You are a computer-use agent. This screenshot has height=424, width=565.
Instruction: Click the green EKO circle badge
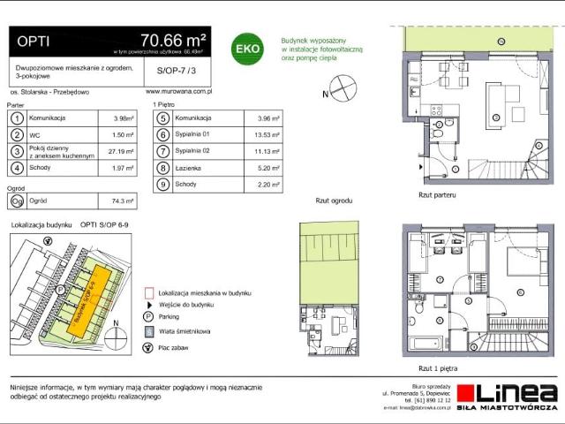point(245,49)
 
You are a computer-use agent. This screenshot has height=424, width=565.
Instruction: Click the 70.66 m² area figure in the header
point(173,39)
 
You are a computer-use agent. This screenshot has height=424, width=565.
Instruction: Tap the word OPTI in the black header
point(34,40)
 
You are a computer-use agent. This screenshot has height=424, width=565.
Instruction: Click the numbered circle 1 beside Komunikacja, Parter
point(17,117)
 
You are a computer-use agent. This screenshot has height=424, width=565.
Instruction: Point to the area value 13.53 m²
point(266,134)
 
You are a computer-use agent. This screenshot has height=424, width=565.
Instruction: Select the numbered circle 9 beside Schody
point(162,185)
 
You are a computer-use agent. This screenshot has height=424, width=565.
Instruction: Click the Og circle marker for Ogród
point(17,201)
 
